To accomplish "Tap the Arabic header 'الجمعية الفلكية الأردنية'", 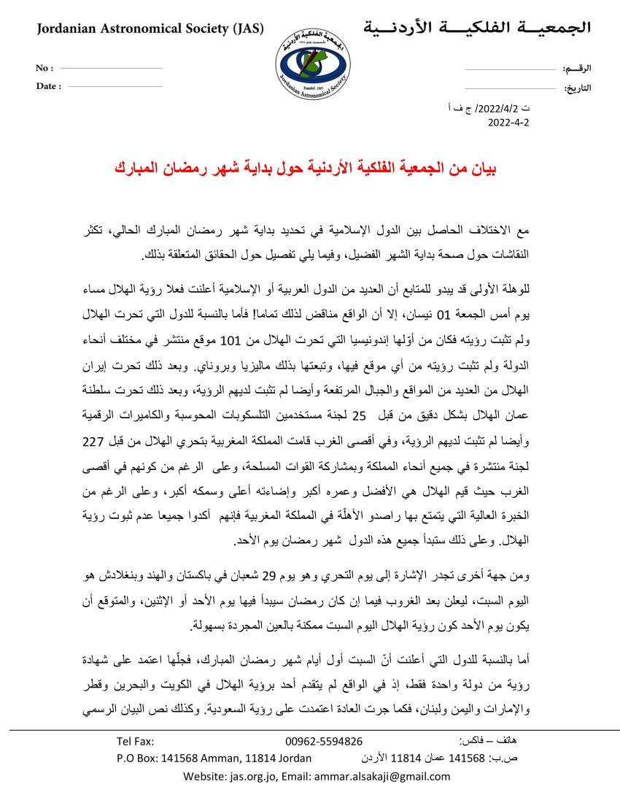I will click(x=477, y=28).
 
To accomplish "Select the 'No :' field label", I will click(x=44, y=68).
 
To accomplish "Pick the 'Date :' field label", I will click(x=49, y=86).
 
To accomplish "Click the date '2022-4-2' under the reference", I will click(x=508, y=123).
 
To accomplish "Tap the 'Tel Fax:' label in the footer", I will click(x=135, y=741).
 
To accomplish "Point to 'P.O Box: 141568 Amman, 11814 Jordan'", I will click(x=214, y=758).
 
